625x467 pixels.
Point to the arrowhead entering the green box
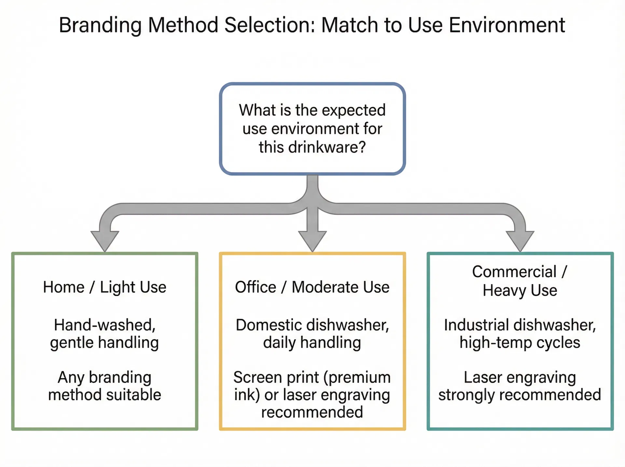pos(105,241)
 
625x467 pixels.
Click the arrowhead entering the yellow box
pos(312,241)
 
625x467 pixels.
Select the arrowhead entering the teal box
pos(520,241)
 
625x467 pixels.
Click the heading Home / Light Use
pos(104,287)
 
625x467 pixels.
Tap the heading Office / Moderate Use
pos(312,287)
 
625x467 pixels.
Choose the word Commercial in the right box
pos(514,272)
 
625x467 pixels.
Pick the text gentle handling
pos(104,343)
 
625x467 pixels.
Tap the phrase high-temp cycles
pos(520,343)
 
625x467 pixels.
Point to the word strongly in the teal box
pos(466,395)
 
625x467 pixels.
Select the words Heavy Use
pos(520,290)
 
